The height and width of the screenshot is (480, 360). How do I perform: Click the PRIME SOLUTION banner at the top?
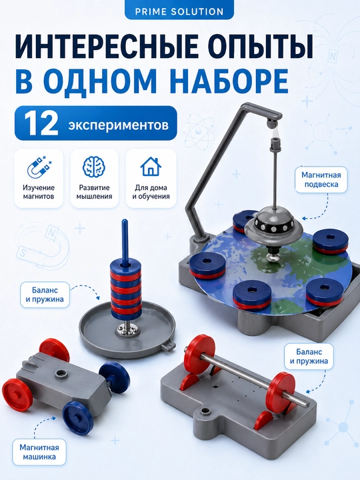click(x=179, y=11)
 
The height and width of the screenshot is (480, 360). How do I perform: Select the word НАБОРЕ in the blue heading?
click(x=231, y=81)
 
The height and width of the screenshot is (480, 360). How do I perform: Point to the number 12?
click(x=41, y=123)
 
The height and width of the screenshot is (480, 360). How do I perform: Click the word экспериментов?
click(x=118, y=125)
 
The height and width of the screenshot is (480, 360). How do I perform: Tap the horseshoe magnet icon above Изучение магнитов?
click(x=39, y=167)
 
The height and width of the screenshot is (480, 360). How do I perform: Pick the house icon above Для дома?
click(x=151, y=167)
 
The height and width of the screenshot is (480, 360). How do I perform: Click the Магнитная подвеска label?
click(x=321, y=180)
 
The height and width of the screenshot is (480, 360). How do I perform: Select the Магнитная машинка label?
click(x=39, y=452)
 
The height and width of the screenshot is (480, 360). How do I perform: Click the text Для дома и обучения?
click(x=151, y=192)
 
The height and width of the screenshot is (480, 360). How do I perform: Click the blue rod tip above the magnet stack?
click(x=125, y=221)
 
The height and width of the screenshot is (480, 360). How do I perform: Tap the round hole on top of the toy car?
click(x=61, y=373)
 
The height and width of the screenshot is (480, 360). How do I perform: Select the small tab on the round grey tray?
click(x=167, y=345)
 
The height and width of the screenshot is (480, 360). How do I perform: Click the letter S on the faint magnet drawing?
click(x=23, y=253)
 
